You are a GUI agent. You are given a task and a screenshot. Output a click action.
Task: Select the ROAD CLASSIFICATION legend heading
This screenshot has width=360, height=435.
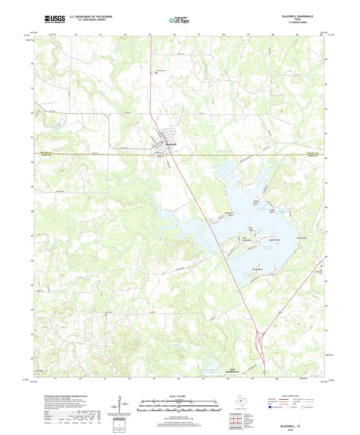pyautogui.click(x=303, y=396)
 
